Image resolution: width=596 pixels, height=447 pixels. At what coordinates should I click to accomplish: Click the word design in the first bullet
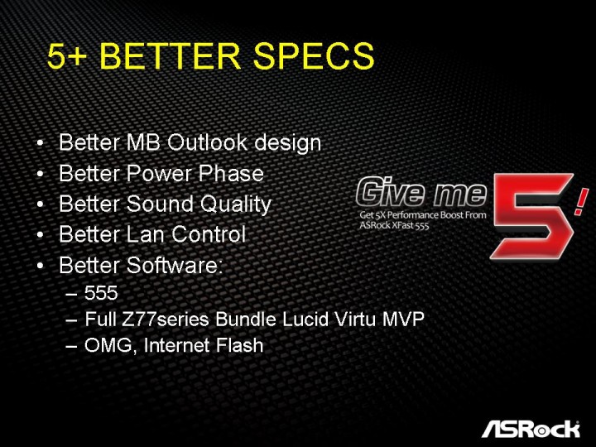[287, 144]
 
